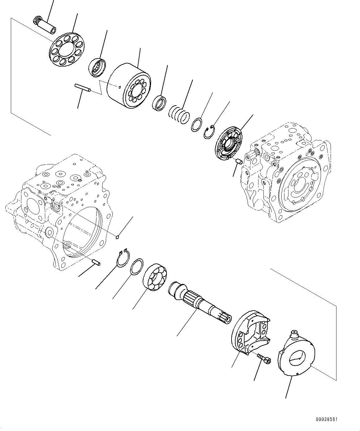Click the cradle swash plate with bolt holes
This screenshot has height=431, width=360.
click(x=251, y=331)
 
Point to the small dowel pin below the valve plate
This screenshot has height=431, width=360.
click(x=239, y=161)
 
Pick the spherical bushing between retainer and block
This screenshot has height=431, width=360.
click(x=97, y=67)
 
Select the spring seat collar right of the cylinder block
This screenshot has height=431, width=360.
click(x=160, y=103)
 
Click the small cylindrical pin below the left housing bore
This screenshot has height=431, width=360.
click(x=96, y=263)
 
